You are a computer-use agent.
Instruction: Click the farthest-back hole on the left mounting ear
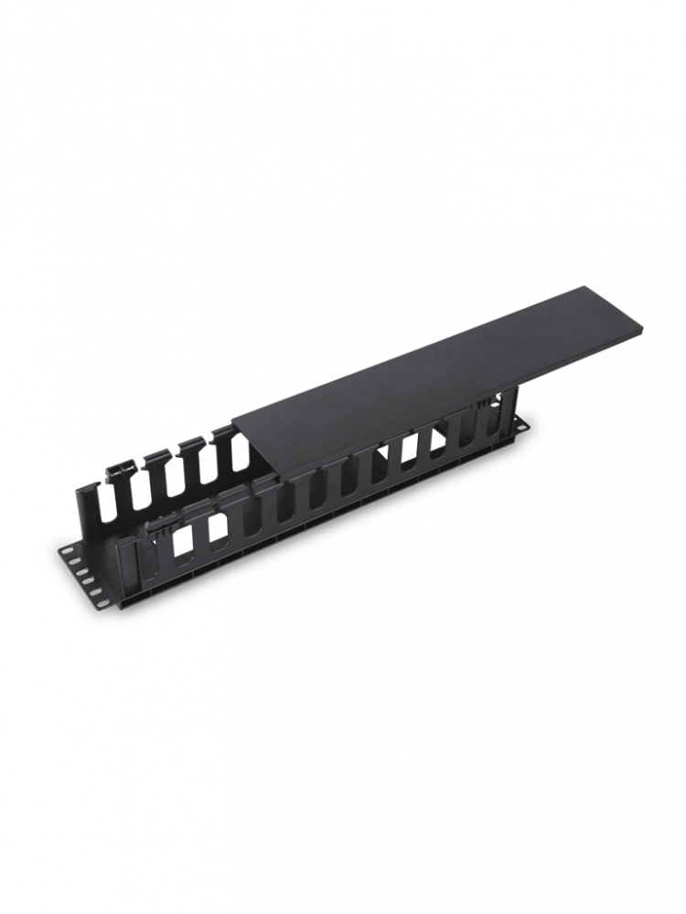67,551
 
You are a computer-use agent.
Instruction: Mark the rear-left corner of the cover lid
232,423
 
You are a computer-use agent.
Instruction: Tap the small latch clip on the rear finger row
118,473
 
